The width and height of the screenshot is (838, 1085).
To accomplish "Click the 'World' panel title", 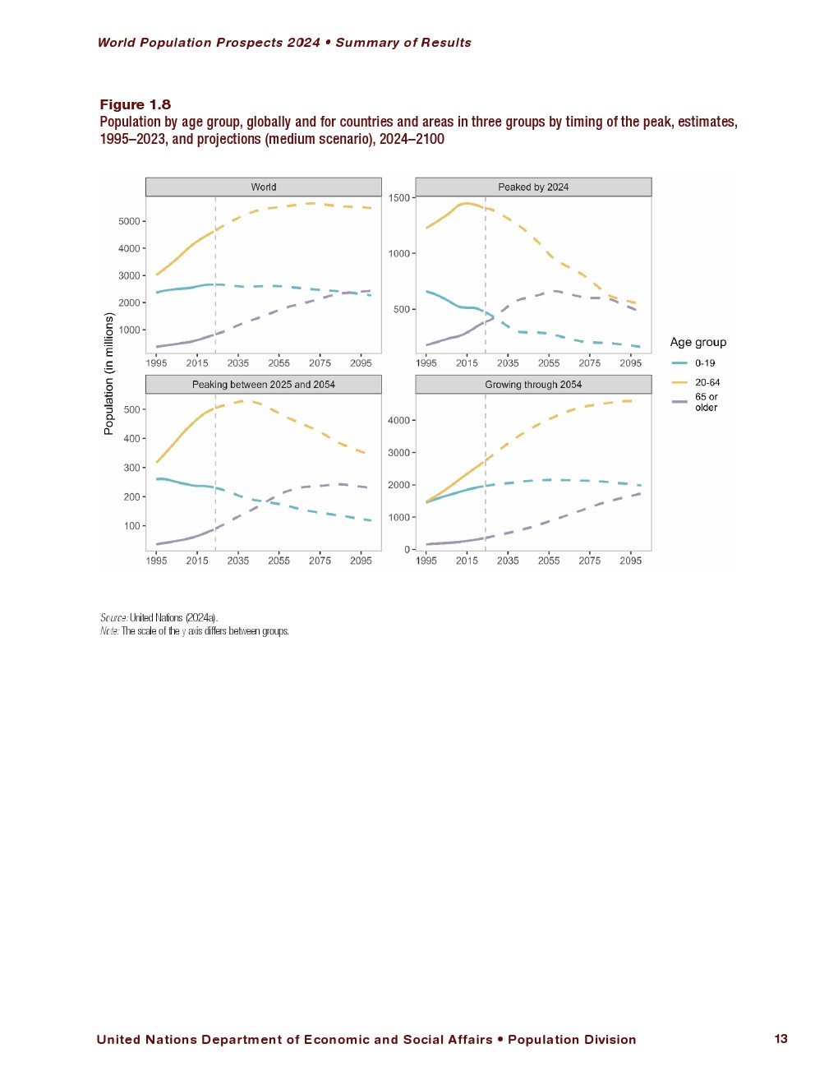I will (264, 187).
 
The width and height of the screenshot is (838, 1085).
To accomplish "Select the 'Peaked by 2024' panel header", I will (533, 187).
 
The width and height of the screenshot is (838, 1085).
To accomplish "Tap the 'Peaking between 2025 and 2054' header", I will (264, 385).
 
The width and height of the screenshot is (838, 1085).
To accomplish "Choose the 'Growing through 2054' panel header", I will (533, 385).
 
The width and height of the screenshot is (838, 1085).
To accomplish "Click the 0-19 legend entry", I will (704, 363).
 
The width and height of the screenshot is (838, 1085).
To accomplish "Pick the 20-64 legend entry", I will (707, 382).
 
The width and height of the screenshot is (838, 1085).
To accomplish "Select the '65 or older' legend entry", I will (706, 402).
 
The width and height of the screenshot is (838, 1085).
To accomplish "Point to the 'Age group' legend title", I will (698, 343).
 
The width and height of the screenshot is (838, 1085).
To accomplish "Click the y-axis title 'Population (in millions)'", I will (108, 373).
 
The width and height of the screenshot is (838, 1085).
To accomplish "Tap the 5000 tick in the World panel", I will (129, 221).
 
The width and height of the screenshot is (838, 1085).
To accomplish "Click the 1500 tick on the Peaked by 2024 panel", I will (399, 198).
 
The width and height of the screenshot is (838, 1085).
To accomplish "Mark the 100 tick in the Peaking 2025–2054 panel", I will (132, 526).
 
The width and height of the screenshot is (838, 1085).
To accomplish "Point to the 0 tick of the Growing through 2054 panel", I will (407, 550).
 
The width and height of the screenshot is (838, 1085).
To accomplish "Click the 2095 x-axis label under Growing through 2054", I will (630, 561).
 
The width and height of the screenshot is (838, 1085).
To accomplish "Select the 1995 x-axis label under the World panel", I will (156, 363).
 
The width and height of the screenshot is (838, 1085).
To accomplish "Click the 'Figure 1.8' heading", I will (136, 104).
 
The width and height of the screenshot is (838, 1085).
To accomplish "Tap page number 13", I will (780, 1039).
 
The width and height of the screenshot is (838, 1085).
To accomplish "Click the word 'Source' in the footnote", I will (113, 618).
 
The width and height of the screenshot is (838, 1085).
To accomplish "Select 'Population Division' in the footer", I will (572, 1040).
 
